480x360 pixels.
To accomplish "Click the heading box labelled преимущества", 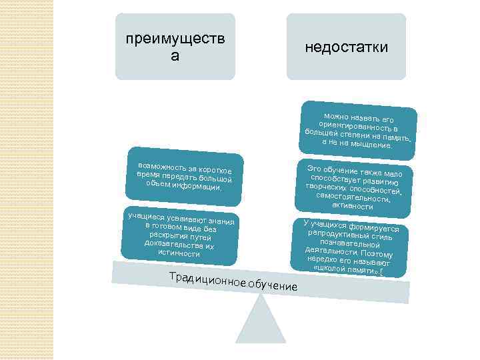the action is (x=175, y=47).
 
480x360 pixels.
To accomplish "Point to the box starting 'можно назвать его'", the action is (x=358, y=131).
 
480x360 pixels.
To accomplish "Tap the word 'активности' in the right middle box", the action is (x=352, y=207).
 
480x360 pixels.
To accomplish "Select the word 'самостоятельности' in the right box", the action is (x=353, y=198).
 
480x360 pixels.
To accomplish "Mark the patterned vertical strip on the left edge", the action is (x=27, y=180).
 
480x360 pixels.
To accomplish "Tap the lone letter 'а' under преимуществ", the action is (x=175, y=56).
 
